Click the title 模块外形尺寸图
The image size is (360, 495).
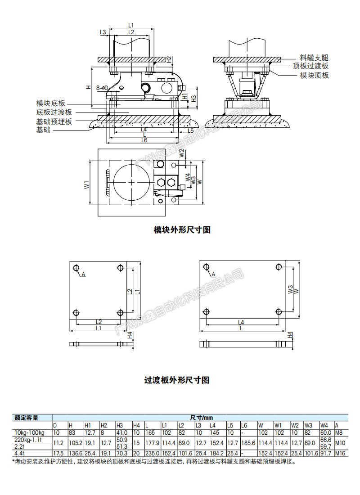pyautogui.click(x=182, y=230)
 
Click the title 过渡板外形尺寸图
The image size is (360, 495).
pyautogui.click(x=177, y=380)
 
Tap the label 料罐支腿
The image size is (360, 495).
pyautogui.click(x=314, y=58)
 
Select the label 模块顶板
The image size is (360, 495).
pyautogui.click(x=314, y=75)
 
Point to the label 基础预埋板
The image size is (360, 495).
pyautogui.click(x=54, y=121)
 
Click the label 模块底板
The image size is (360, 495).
pyautogui.click(x=51, y=103)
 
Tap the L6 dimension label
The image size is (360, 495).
pyautogui.click(x=144, y=140)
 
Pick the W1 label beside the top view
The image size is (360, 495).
pyautogui.click(x=86, y=185)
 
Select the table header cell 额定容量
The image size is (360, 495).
pyautogui.click(x=27, y=418)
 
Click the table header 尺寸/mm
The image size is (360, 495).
pyautogui.click(x=200, y=418)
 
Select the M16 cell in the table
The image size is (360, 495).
pyautogui.click(x=341, y=454)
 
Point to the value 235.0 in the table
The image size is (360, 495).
pyautogui.click(x=152, y=454)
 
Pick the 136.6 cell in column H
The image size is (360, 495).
pyautogui.click(x=75, y=454)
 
